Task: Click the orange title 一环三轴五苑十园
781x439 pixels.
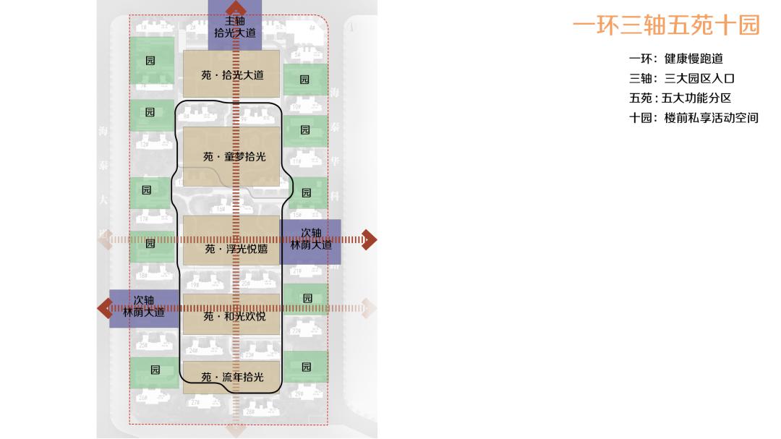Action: coord(666,26)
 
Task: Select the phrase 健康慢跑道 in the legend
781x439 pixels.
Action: coord(693,59)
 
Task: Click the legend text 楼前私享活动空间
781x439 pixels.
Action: coord(711,118)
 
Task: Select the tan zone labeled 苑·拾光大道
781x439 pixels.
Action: coord(231,74)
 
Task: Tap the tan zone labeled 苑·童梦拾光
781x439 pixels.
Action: coord(231,156)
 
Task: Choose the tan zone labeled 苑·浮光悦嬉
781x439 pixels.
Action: coord(231,248)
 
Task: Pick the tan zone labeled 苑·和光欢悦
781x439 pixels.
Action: coord(231,315)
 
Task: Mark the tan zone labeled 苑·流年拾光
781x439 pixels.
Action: coord(231,377)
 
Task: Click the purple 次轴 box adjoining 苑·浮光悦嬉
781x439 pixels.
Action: coord(311,239)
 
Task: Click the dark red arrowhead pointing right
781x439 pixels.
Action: coord(370,239)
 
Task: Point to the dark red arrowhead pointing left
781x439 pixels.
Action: coord(104,308)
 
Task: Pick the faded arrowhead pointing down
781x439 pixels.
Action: coord(236,430)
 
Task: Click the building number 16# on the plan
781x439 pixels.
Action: coord(221,210)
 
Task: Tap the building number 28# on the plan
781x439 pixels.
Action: coord(249,412)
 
